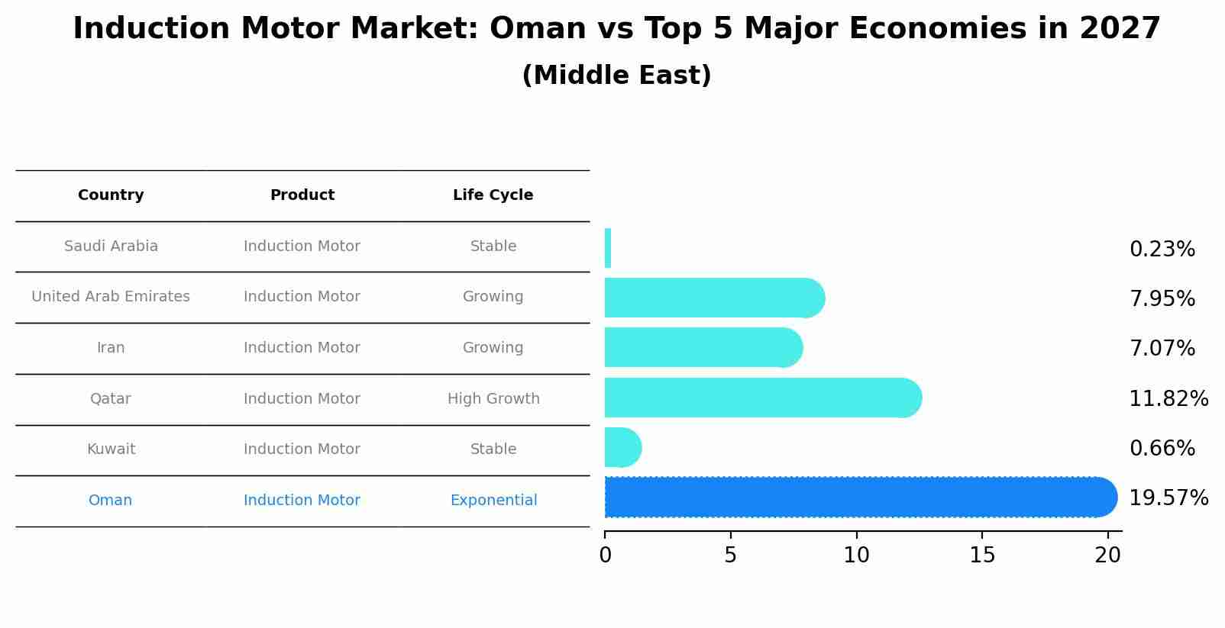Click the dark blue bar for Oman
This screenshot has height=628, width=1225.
(x=855, y=498)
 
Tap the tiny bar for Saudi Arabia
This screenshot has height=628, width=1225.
(x=608, y=248)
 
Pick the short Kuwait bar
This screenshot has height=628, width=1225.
(x=621, y=447)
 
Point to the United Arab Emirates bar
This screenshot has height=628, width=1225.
(x=710, y=298)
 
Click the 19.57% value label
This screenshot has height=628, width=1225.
(x=1168, y=498)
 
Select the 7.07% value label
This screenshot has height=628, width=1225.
(x=1162, y=349)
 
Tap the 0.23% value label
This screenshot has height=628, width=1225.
(x=1162, y=250)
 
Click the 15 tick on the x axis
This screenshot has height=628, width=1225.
(x=982, y=556)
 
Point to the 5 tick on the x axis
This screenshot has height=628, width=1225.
(x=731, y=556)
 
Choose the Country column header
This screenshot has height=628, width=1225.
(x=111, y=195)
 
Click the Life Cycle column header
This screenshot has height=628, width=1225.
(x=493, y=195)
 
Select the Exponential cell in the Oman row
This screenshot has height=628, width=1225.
(x=493, y=501)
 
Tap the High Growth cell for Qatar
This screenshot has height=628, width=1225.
(x=493, y=399)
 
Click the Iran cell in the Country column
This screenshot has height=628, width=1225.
(x=111, y=348)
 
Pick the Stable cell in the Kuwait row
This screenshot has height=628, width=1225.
(x=493, y=449)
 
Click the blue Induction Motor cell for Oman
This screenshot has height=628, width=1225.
(x=302, y=501)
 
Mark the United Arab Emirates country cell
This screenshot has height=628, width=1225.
(x=111, y=297)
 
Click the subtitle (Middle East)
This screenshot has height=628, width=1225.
(x=616, y=76)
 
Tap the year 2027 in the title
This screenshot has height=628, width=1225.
(x=1120, y=29)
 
